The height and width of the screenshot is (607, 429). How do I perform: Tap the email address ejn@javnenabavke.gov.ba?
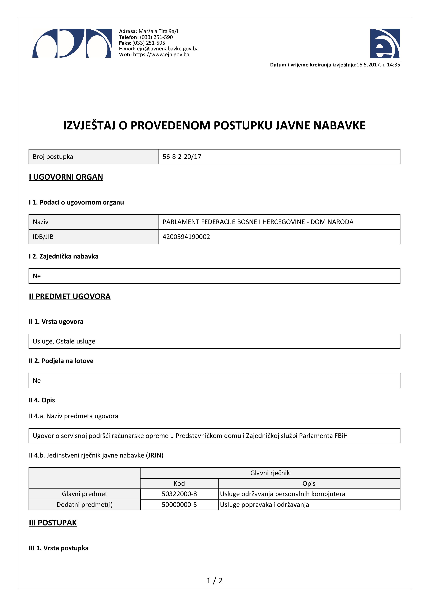coord(168,49)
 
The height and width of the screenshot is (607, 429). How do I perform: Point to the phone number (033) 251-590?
coord(156,37)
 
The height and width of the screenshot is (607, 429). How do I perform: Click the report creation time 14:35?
coord(393,65)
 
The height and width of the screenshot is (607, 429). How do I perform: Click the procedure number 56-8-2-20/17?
coord(182,157)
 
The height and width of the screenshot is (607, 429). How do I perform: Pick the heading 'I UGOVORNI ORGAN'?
coord(66,177)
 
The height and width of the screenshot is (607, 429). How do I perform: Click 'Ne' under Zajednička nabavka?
coord(37,276)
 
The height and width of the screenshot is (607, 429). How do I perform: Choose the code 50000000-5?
coord(179,505)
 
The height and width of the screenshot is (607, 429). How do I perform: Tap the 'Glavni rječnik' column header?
coord(270,473)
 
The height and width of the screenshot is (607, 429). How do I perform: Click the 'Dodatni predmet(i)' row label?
coord(85,505)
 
